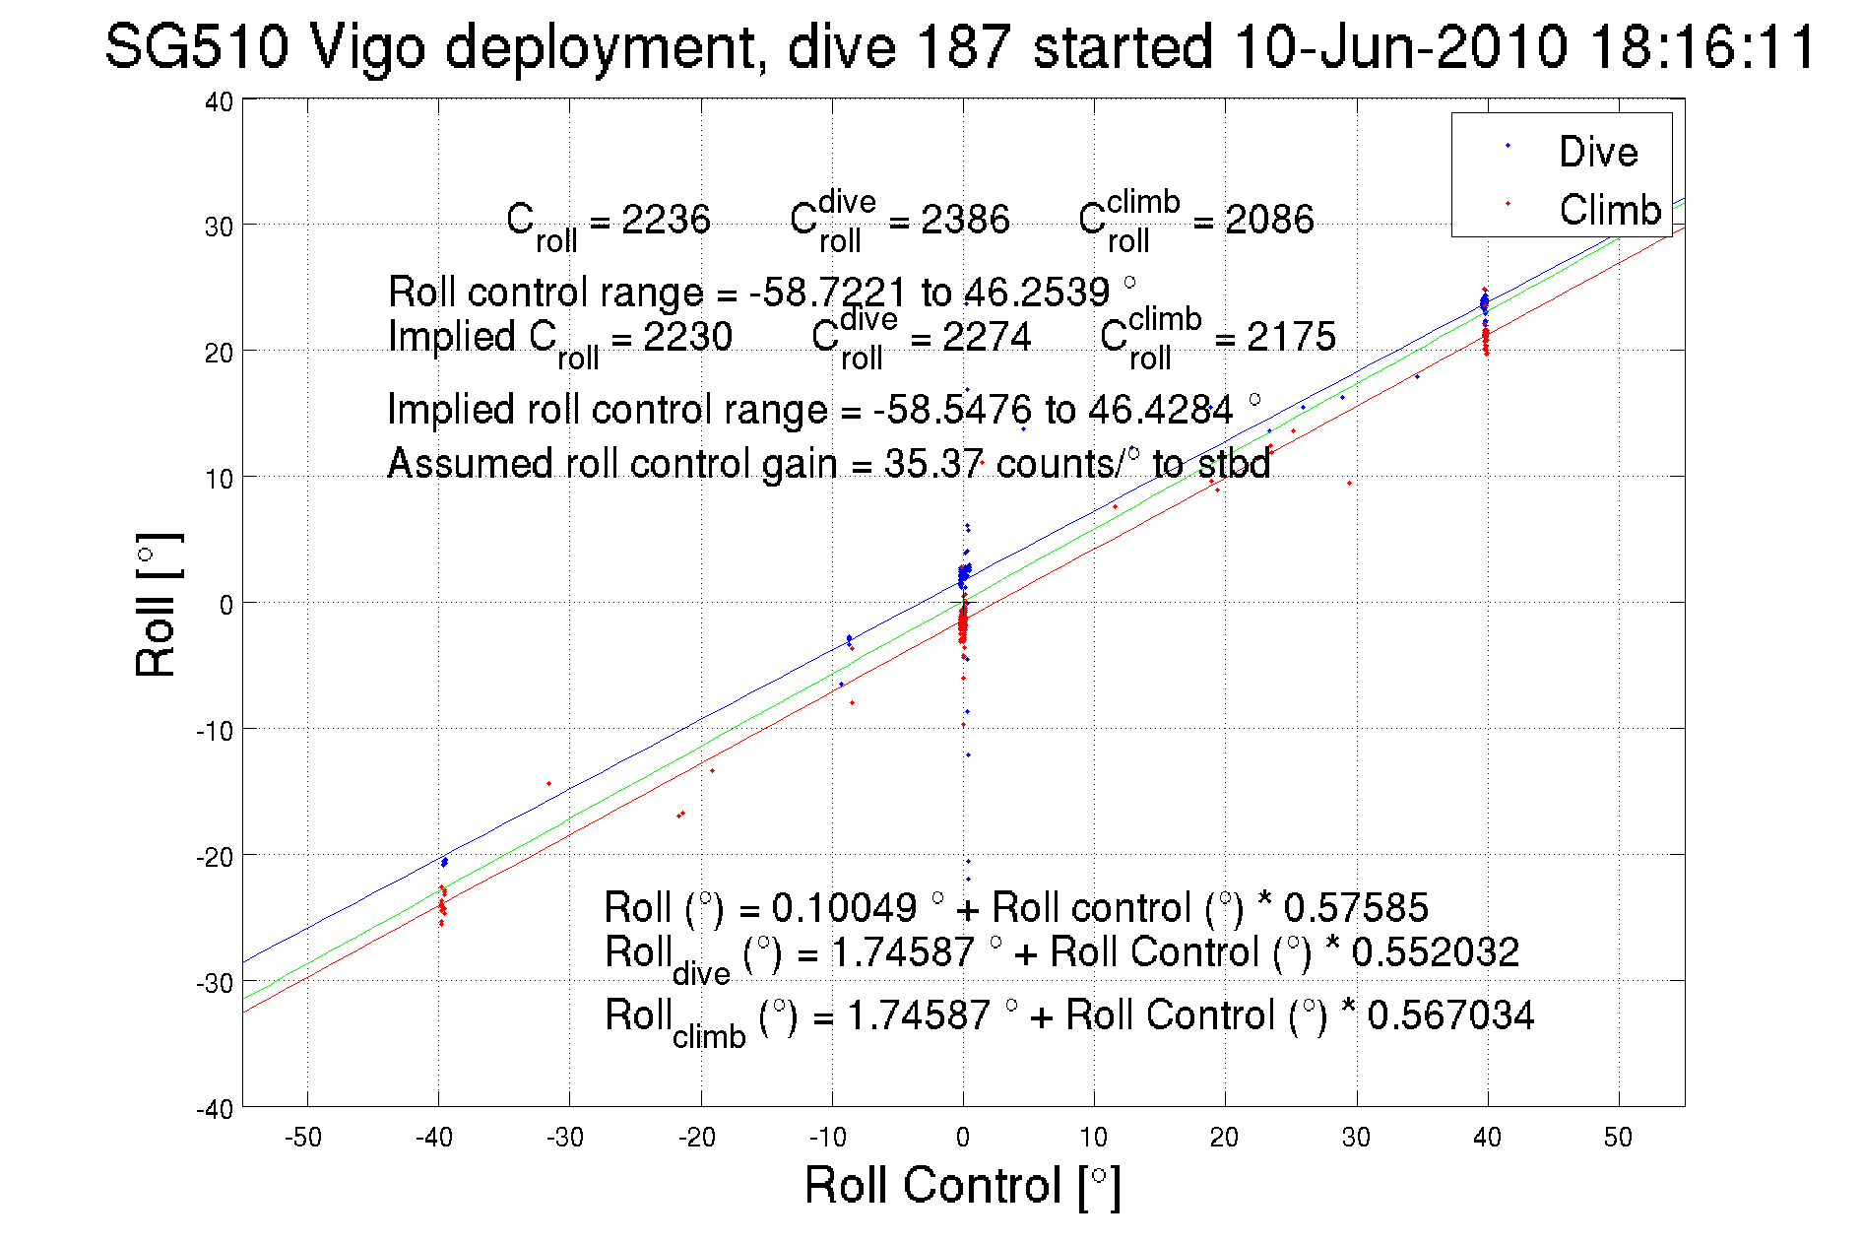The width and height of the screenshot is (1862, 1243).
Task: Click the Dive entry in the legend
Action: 1597,152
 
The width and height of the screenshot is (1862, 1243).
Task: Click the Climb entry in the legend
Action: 1610,210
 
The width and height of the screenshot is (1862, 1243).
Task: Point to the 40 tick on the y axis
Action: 219,101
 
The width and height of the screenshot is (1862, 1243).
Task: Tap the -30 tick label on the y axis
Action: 215,983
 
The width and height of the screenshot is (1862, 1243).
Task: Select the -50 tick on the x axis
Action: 303,1138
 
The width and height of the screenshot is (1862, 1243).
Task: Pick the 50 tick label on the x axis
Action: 1618,1138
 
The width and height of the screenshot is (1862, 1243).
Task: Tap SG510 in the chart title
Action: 197,46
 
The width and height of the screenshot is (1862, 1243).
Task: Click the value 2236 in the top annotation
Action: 666,219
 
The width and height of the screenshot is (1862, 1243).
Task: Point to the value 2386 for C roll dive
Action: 965,219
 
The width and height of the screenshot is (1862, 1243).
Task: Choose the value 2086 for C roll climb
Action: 1269,219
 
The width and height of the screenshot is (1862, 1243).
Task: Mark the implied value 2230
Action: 687,337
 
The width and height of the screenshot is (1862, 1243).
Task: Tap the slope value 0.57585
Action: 1356,907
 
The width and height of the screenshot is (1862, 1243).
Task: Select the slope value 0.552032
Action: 1435,952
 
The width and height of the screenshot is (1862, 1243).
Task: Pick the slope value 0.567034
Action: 1450,1015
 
